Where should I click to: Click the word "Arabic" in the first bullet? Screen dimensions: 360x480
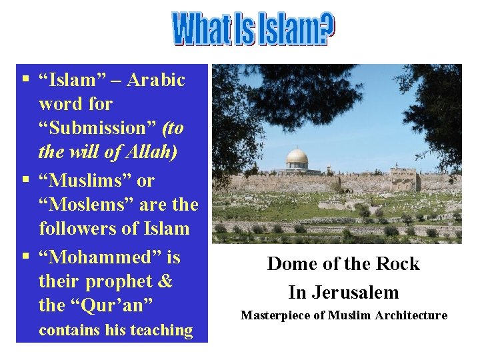pos(156,80)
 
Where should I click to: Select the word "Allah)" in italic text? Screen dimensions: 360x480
pos(155,153)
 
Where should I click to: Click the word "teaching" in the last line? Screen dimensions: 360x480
pos(162,330)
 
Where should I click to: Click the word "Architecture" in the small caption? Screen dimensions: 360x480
pos(413,315)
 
